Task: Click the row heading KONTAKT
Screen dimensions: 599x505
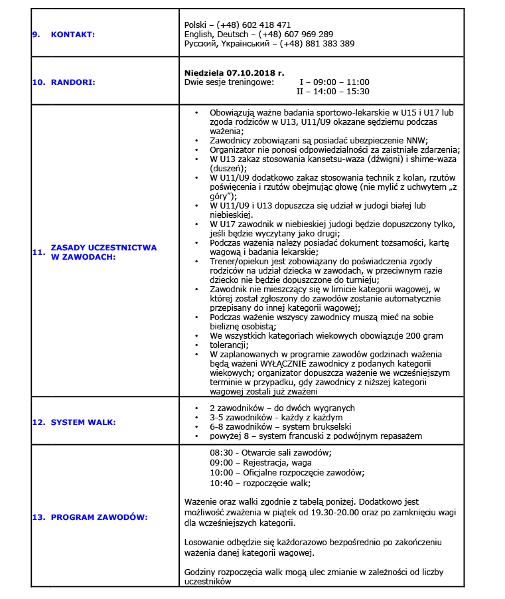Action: point(73,34)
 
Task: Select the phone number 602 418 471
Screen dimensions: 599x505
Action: point(268,25)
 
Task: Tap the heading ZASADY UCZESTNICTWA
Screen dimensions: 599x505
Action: point(104,247)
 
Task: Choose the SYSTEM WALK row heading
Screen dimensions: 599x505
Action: point(83,422)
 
